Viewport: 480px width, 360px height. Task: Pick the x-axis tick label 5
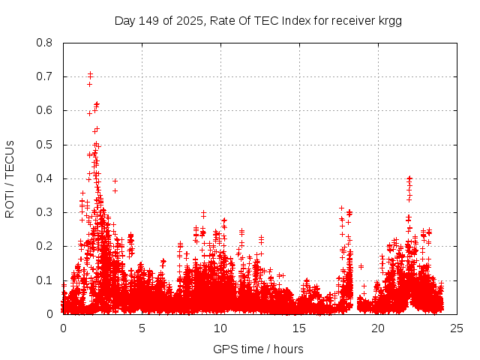pos(142,328)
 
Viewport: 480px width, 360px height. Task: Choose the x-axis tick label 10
pos(220,328)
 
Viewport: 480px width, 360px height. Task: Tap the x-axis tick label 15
pos(299,328)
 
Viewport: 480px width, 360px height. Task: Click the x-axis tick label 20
pos(378,328)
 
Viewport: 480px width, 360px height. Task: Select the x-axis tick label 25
pos(457,328)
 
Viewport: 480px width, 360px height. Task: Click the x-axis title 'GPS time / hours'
pos(258,349)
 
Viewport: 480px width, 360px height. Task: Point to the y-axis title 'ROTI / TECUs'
pos(10,178)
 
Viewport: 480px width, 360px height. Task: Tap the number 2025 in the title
pos(190,21)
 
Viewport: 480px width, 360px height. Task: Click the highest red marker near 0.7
pos(90,73)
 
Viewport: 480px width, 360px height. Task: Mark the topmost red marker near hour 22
pos(409,178)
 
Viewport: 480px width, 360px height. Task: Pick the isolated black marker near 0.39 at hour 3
pos(115,181)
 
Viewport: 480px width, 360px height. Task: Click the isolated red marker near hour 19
pos(361,266)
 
